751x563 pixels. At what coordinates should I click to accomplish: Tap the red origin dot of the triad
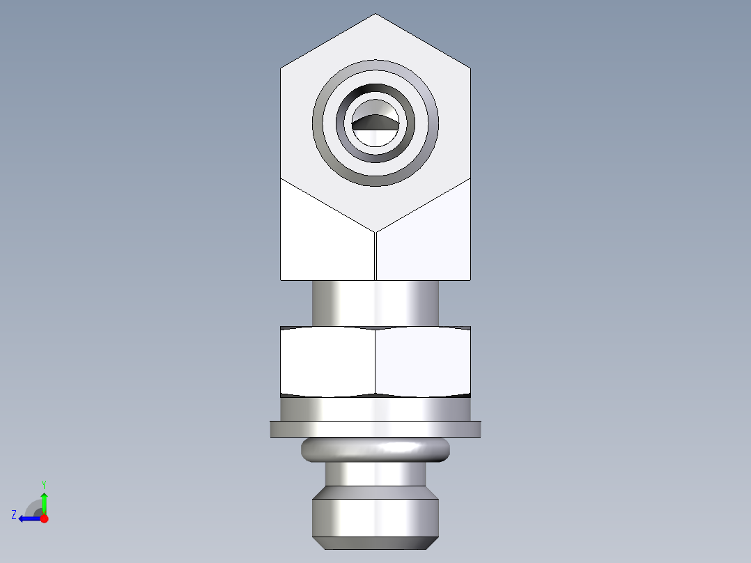coord(45,518)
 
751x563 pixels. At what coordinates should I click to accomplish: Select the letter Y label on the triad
coord(43,484)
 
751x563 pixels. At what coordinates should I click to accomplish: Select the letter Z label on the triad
coord(14,514)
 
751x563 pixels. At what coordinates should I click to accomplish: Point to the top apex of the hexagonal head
coord(376,15)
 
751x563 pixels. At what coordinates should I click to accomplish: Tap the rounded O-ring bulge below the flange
coord(375,450)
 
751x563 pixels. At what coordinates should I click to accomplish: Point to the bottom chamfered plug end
coord(375,519)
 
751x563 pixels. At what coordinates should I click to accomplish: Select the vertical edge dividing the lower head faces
coord(375,255)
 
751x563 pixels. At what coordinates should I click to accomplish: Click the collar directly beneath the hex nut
coord(375,409)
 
